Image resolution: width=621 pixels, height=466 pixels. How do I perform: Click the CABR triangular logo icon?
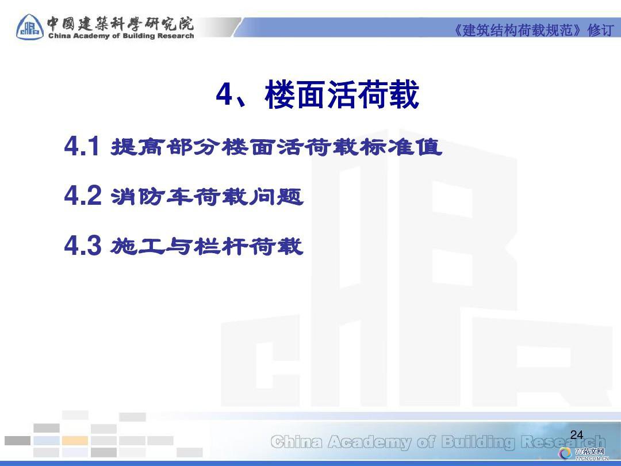point(30,27)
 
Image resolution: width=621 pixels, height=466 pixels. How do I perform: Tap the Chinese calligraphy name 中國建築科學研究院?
point(121,24)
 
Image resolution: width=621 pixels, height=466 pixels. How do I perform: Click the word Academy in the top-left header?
point(91,36)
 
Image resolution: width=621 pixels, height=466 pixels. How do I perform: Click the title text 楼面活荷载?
point(342,94)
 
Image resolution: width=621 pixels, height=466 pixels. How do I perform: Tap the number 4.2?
point(83,196)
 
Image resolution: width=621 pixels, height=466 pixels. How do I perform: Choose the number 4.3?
point(83,245)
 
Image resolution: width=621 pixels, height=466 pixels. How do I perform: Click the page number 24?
point(577,435)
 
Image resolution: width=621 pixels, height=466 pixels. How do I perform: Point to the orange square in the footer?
point(75,440)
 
